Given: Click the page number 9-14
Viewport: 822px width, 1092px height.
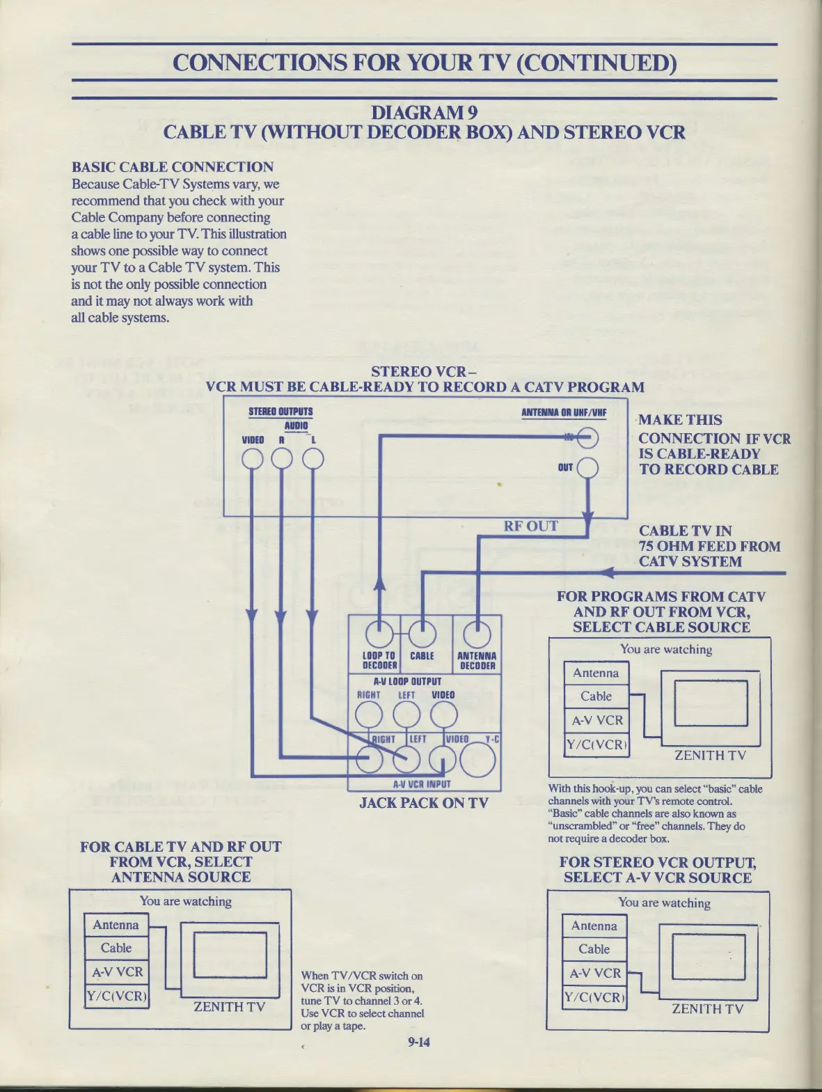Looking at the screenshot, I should pos(419,1042).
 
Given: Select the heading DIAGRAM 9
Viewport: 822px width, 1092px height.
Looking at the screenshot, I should pos(424,112).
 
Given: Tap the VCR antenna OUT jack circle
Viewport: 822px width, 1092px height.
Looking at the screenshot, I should pos(587,467).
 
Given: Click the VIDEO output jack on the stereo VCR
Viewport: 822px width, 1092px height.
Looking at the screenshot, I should pos(252,458).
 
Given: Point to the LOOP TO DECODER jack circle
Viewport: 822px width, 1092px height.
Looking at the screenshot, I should pos(378,634).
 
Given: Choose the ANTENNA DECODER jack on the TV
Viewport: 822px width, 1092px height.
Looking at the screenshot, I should pos(477,634).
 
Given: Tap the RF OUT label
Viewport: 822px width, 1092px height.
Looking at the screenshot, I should pos(530,526).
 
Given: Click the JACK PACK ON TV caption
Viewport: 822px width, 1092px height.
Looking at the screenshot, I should pos(423,802).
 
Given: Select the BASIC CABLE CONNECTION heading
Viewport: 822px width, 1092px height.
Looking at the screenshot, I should pos(173,167).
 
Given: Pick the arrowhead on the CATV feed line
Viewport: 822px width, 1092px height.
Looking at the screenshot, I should pos(607,572).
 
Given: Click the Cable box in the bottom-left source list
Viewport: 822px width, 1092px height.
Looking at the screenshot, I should pos(116,948).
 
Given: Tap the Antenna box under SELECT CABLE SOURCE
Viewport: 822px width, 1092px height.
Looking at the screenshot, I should pos(595,673).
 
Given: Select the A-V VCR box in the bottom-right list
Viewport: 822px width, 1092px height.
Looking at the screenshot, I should pos(594,973).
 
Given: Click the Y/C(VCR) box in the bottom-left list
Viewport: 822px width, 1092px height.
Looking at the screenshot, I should pos(116,996).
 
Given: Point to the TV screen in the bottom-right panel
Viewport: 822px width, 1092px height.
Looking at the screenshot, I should pos(708,956).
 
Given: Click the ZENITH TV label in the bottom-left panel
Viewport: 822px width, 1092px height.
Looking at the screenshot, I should pos(229,1006).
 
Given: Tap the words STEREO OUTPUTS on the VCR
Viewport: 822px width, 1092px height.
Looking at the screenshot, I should pos(280,412).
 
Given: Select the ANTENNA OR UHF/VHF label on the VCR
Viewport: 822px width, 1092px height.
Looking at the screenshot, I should pos(564,412).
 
